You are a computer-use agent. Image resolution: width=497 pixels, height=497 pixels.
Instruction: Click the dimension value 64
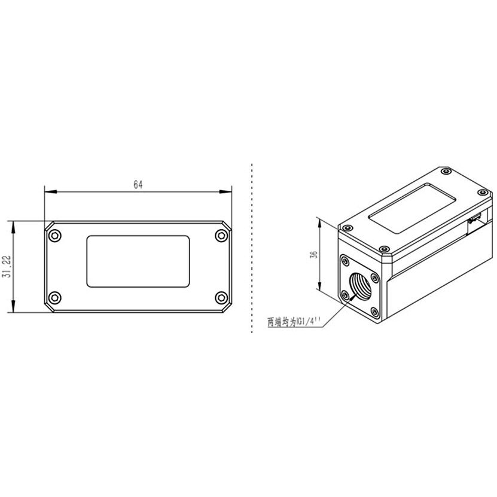point(138,185)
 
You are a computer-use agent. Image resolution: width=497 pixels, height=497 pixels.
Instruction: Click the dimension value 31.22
point(7,267)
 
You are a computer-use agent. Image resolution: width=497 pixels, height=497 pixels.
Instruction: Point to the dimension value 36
point(313,255)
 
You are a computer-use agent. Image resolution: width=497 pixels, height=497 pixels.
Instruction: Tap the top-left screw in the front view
point(55,236)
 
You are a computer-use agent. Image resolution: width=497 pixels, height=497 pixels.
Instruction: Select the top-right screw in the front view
point(221,236)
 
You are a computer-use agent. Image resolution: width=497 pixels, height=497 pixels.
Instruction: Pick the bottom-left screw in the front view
point(55,298)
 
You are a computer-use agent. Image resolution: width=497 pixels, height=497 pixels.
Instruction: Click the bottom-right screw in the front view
point(221,298)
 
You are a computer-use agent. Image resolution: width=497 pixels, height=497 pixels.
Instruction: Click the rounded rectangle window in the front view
point(138,261)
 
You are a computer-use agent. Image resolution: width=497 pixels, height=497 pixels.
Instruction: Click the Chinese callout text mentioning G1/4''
point(294,322)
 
